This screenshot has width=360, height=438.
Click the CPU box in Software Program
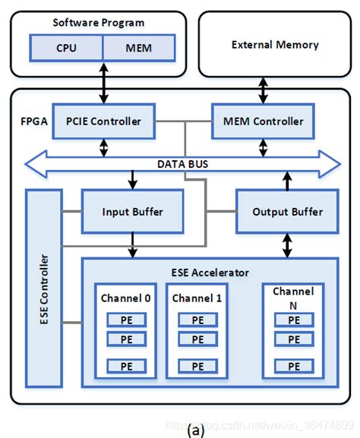point(66,49)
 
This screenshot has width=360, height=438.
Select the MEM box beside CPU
point(138,49)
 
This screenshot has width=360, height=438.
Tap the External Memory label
point(264,45)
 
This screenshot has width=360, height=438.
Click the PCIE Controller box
point(104,121)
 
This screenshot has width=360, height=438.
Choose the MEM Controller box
point(264,121)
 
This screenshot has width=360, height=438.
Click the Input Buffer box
point(132,212)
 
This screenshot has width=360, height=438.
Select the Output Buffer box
point(287,212)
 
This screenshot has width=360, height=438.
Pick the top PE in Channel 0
point(127,321)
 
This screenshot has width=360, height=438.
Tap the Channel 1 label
point(197,298)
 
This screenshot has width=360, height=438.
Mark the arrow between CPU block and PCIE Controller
point(104,83)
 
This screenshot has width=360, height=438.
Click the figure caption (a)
point(197,430)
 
